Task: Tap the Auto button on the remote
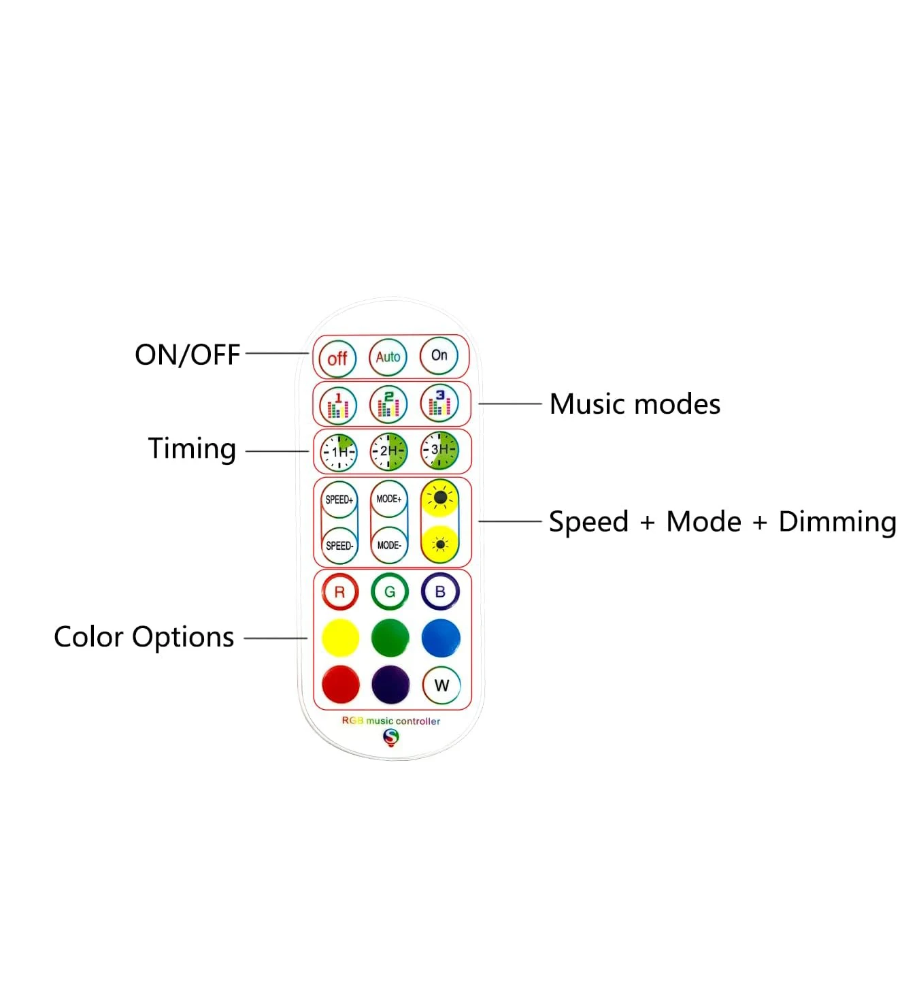(x=388, y=357)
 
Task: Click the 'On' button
(x=439, y=355)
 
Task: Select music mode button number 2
(x=388, y=404)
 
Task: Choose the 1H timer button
(x=339, y=452)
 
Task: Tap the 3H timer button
(x=439, y=450)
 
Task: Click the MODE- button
(x=389, y=545)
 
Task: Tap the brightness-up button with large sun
(x=439, y=498)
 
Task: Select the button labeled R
(x=340, y=592)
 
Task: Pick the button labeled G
(x=390, y=591)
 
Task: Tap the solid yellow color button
(x=340, y=638)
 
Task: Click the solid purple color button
(x=390, y=685)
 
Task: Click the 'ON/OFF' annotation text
(x=187, y=355)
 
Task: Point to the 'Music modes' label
(x=635, y=404)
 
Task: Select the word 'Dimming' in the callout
(x=837, y=522)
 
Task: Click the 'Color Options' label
(x=144, y=638)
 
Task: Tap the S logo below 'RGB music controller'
(x=391, y=738)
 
